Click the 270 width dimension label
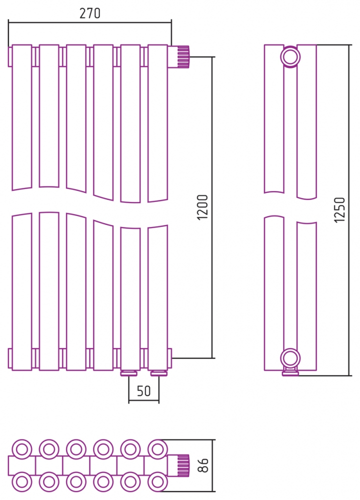click(x=90, y=13)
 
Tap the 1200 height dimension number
click(x=203, y=207)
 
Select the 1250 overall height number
click(x=340, y=210)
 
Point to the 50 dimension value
click(x=143, y=391)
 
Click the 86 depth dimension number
click(x=203, y=465)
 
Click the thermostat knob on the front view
click(x=179, y=57)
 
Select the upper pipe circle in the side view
click(x=290, y=57)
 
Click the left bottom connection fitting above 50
click(x=129, y=373)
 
